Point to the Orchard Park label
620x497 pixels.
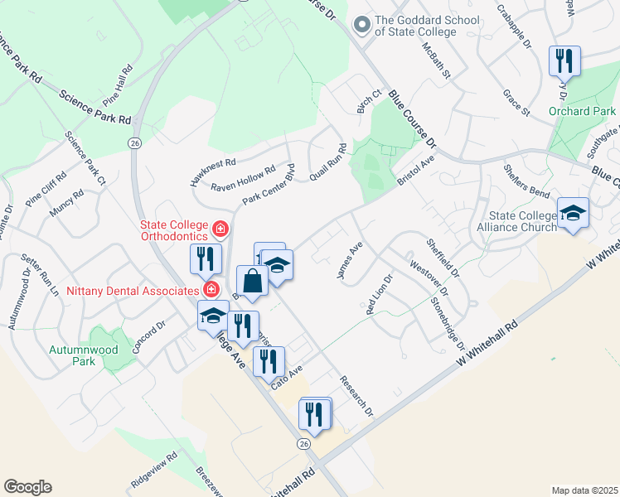coord(582,111)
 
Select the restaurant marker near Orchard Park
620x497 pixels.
coord(564,61)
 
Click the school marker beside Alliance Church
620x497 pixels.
coord(573,214)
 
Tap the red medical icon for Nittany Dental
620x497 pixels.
coord(212,289)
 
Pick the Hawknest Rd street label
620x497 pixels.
coord(213,171)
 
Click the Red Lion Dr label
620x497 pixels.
coord(378,293)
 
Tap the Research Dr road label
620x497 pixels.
coord(357,397)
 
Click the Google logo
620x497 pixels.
coord(27,487)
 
